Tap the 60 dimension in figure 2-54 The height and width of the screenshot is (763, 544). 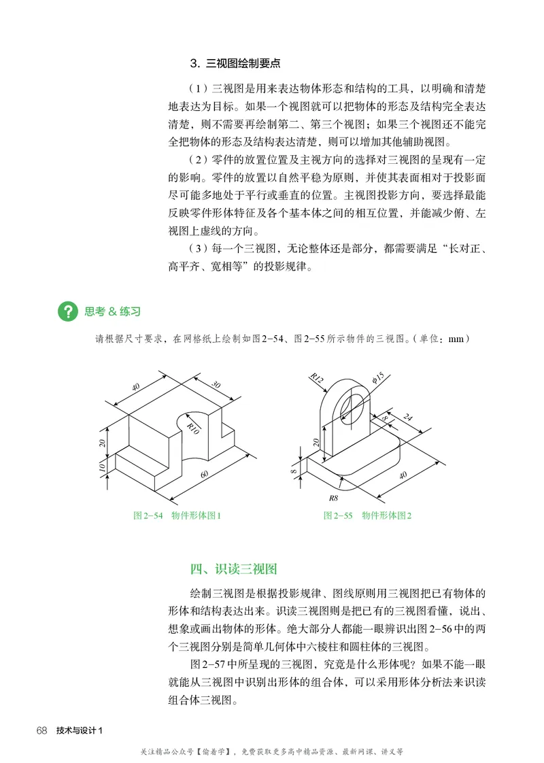coord(204,473)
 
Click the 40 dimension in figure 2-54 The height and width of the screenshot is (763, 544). coord(135,386)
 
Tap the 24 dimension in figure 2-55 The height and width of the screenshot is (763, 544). coord(408,418)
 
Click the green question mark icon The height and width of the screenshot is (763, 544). coord(68,311)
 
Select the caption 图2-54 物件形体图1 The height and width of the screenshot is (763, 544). coord(177,515)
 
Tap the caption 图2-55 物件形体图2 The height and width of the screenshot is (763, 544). coord(368,515)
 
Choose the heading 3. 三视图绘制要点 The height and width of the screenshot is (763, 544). coord(235,64)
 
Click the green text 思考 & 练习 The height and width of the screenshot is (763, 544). coord(112,311)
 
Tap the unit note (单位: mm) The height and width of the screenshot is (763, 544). coord(441,339)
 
